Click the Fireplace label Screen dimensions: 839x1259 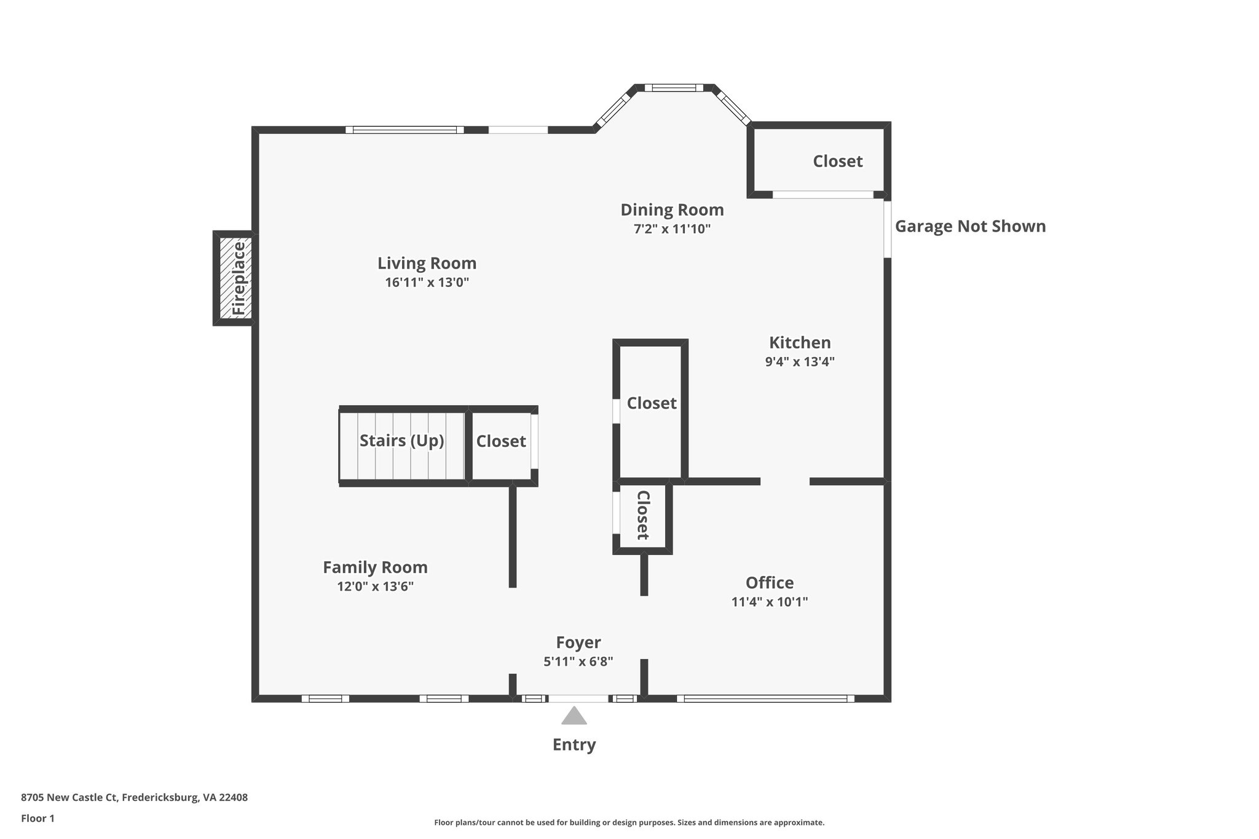pyautogui.click(x=239, y=278)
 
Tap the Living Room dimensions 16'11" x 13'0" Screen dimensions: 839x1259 pyautogui.click(x=427, y=283)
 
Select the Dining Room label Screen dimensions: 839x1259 pyautogui.click(x=672, y=210)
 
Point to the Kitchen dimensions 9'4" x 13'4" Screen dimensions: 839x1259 pyautogui.click(x=799, y=362)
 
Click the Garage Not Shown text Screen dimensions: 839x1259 pyautogui.click(x=970, y=227)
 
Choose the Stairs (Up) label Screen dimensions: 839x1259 pyautogui.click(x=401, y=441)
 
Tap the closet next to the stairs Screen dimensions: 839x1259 pyautogui.click(x=501, y=441)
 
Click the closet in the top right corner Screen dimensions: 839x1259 pyautogui.click(x=837, y=161)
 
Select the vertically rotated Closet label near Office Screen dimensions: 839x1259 pyautogui.click(x=643, y=515)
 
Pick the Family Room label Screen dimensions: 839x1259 pyautogui.click(x=375, y=567)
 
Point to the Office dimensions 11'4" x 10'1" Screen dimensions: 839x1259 pyautogui.click(x=769, y=602)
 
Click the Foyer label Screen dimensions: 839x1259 pyautogui.click(x=578, y=643)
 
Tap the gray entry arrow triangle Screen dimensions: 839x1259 pyautogui.click(x=574, y=717)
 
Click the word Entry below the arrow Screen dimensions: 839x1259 pyautogui.click(x=574, y=745)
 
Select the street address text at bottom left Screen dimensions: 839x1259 pyautogui.click(x=134, y=798)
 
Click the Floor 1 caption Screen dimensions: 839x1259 pyautogui.click(x=37, y=819)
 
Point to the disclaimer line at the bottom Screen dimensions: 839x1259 pyautogui.click(x=629, y=822)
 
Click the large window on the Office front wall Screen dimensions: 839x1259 pyautogui.click(x=765, y=698)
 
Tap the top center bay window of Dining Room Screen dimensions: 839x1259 pyautogui.click(x=674, y=88)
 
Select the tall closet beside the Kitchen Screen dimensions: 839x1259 pyautogui.click(x=651, y=403)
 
